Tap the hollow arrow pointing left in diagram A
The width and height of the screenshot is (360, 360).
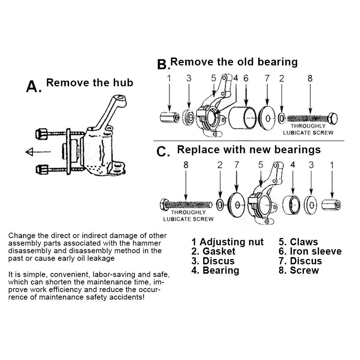tap(37, 152)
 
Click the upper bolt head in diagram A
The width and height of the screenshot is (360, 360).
tap(41, 134)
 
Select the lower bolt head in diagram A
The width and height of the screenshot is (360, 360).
tap(42, 170)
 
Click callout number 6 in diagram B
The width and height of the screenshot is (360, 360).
tap(246, 78)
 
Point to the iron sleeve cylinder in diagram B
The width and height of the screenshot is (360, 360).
tap(242, 118)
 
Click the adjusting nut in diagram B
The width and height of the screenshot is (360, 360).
tap(169, 117)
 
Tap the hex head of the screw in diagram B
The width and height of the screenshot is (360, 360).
tap(333, 119)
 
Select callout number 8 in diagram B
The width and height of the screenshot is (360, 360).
tap(310, 78)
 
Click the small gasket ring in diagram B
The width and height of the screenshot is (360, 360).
tap(282, 118)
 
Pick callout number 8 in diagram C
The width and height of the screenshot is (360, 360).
tap(186, 165)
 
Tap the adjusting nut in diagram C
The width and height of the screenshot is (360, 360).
tap(331, 205)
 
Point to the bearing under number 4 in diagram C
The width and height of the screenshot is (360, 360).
tap(291, 205)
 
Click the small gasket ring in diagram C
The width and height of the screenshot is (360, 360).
tap(220, 205)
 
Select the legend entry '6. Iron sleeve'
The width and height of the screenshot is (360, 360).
tap(310, 251)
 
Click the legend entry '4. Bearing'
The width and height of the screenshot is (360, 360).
tap(215, 270)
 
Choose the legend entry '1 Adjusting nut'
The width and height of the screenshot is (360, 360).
tap(227, 242)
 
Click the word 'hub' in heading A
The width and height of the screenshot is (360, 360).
tap(123, 83)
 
